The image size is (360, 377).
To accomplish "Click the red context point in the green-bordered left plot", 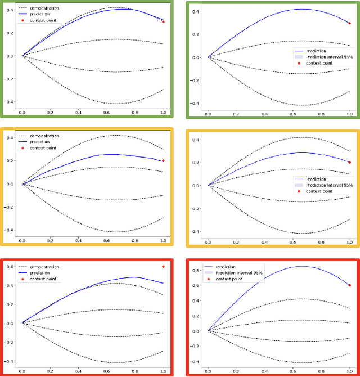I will tap(163, 21).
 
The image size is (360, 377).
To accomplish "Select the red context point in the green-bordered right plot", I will tap(349, 23).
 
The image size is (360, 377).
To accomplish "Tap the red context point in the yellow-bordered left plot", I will tap(163, 161).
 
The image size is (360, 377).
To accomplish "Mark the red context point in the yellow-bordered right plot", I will tap(349, 162).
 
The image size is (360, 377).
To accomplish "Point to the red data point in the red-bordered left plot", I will tap(163, 267).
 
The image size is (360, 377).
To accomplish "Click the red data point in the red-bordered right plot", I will tap(349, 285).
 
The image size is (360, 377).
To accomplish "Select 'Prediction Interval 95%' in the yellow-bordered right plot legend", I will tap(329, 185).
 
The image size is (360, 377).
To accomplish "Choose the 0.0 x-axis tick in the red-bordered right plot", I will tap(208, 372).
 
